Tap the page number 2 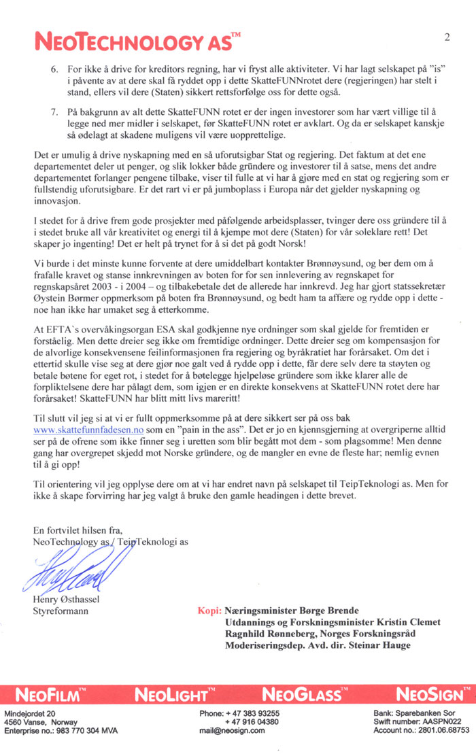447,36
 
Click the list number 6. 55,70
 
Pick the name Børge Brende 331,611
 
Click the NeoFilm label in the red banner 52,695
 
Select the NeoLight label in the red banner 171,695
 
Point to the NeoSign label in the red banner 430,695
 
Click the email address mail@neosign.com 231,731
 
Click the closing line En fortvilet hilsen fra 77,530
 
